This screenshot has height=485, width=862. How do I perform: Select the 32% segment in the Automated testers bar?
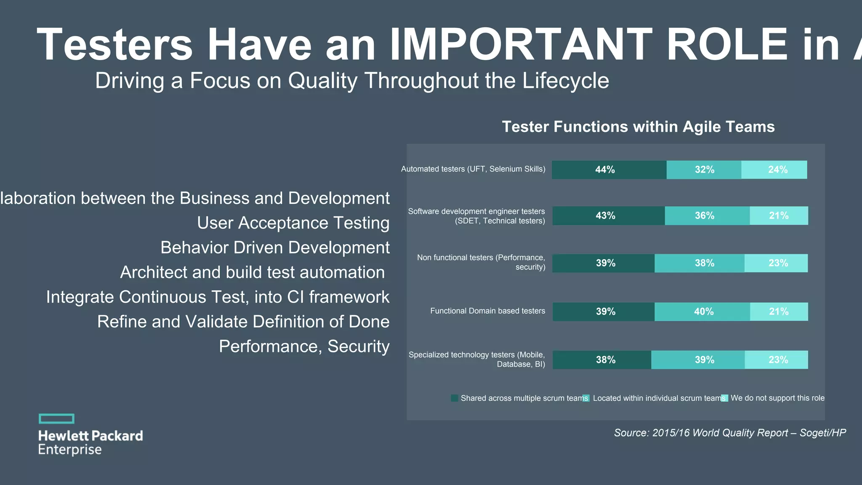click(x=704, y=170)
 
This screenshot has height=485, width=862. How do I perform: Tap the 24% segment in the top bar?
click(x=774, y=170)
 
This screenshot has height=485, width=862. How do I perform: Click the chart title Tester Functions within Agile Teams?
click(x=638, y=127)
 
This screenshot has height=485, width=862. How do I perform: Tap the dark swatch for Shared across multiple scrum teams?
click(x=454, y=398)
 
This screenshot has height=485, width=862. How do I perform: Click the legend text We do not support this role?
click(x=777, y=398)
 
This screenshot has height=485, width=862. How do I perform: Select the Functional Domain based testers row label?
click(x=487, y=311)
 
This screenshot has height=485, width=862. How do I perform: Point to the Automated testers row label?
click(x=473, y=169)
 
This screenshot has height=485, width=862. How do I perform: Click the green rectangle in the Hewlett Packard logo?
click(x=56, y=418)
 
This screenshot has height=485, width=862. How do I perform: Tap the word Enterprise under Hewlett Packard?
click(x=70, y=450)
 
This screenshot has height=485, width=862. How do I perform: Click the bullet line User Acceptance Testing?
click(x=293, y=223)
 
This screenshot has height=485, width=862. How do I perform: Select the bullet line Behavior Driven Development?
click(x=275, y=248)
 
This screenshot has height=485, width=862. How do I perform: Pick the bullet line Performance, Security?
click(x=304, y=346)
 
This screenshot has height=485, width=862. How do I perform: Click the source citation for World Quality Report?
click(x=729, y=433)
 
